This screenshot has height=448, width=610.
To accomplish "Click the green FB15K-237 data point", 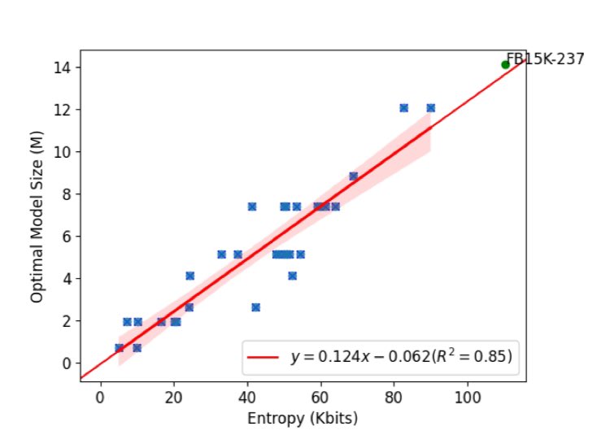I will point(505,64).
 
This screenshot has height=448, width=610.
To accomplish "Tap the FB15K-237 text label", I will point(545,59).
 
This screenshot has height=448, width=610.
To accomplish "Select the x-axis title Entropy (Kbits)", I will point(303,420).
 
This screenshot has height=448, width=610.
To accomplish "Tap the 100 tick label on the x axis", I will point(468,398).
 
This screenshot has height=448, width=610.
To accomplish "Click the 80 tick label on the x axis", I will point(394,398).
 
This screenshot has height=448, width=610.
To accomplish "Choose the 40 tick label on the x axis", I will point(247,398).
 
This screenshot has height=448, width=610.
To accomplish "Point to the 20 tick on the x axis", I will point(173,398).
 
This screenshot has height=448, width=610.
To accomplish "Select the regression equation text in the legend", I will point(401,356).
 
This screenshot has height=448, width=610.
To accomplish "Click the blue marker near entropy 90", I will point(430,107).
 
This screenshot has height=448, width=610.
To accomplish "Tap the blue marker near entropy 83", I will point(403,107).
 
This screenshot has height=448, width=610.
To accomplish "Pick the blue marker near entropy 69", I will point(353,176).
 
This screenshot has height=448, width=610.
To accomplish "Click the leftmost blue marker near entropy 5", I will point(120,347).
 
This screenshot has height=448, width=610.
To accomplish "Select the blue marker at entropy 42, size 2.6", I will point(255,307).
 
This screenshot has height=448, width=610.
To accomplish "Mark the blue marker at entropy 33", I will point(221,254).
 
